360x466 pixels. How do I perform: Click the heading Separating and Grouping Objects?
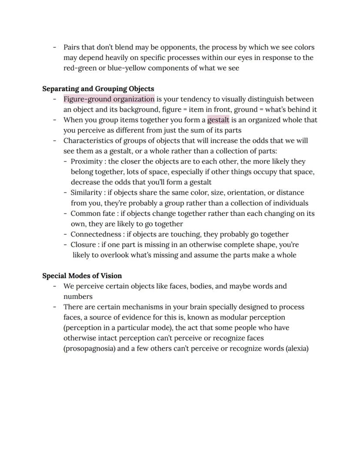(x=98, y=89)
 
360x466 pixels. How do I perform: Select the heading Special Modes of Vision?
(x=82, y=276)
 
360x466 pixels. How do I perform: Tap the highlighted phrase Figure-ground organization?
(x=109, y=99)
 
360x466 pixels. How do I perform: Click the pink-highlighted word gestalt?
(x=218, y=120)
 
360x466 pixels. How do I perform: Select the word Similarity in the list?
(x=86, y=193)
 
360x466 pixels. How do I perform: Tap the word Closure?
(x=83, y=245)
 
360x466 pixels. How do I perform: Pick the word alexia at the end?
(x=297, y=349)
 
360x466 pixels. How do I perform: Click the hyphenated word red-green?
(x=80, y=68)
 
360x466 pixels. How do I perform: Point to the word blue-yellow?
(x=121, y=68)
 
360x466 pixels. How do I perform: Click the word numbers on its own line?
(x=78, y=297)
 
